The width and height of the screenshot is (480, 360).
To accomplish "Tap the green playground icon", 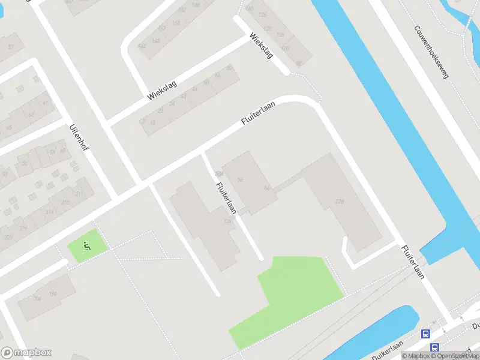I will tap(87, 245).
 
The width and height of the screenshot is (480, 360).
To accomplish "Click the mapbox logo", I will tap(26, 353).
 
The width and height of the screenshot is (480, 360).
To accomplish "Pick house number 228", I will tap(340, 201).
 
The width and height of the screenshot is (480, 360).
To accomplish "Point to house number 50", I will tap(241, 179).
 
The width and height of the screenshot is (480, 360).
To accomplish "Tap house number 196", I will tap(53, 293).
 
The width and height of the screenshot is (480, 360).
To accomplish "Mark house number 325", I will tap(8, 238).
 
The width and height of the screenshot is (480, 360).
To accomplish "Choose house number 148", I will tap(176, 23).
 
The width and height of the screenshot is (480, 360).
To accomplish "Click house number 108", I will tap(279, 35).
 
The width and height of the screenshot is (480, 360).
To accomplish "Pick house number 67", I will tap(45, 103).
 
